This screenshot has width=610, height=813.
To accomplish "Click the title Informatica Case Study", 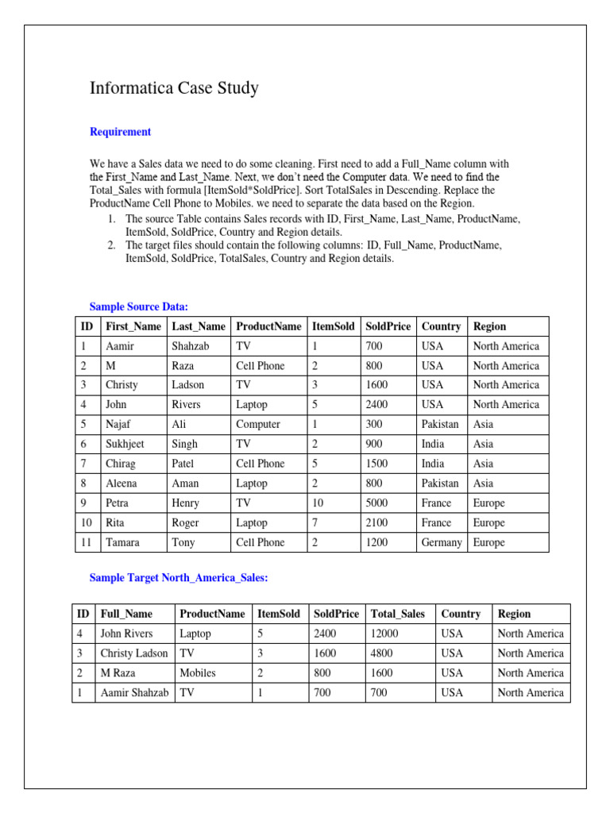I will (174, 88).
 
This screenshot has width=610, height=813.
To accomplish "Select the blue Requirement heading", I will (120, 132).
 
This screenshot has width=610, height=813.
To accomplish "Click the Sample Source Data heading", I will (138, 306).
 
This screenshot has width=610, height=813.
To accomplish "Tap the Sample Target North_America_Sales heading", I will (179, 578).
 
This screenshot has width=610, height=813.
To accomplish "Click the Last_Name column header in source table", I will (199, 326).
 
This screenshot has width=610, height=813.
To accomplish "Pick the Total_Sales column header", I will (398, 614).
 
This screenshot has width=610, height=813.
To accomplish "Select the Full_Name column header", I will (125, 614).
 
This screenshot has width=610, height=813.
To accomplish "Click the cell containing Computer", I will (258, 424).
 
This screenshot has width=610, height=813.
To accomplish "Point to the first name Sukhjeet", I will (125, 444).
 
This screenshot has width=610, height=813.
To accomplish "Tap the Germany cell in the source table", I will (442, 542).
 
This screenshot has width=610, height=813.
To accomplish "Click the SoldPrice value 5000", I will (378, 503).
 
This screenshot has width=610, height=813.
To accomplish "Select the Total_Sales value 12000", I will (384, 634).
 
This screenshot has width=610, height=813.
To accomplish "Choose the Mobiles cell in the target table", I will (198, 672).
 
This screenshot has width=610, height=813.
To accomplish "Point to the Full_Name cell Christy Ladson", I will (133, 653).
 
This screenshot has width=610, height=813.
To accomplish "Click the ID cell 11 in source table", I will (86, 542).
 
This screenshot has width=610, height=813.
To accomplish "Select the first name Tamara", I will (122, 542).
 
